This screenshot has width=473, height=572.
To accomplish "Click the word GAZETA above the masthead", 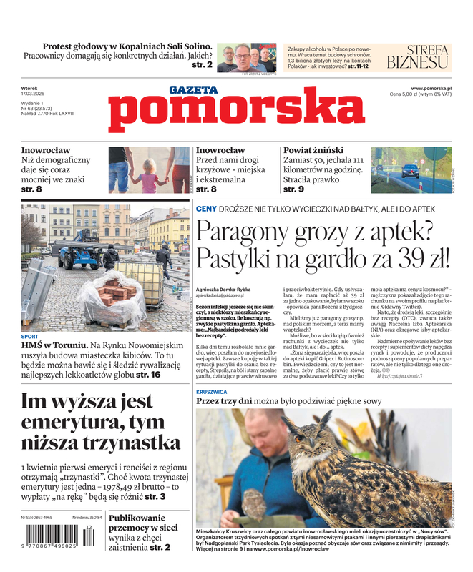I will (x=193, y=90).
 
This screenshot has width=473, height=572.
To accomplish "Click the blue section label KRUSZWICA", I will (x=212, y=392).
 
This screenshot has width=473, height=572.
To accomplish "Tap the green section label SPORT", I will (x=30, y=335).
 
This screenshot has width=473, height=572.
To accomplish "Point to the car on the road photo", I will (x=410, y=172).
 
